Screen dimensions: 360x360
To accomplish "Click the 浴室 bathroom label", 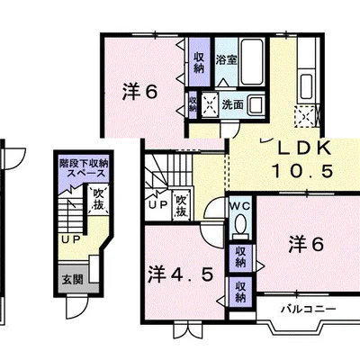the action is [227, 60].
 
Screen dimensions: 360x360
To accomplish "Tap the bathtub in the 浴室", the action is [252, 61].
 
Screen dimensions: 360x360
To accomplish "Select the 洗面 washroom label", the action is [232, 104].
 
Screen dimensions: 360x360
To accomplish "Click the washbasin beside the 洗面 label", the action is [256, 104].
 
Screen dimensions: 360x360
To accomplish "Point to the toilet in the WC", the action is [241, 226].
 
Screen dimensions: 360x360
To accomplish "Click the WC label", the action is [240, 206].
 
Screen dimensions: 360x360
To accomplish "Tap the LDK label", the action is [304, 148].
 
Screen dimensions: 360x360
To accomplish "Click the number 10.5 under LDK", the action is [302, 171].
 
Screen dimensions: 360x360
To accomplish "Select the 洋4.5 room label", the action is [180, 274].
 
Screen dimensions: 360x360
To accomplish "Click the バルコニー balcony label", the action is [309, 309].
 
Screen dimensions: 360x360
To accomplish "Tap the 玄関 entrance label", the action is [72, 280].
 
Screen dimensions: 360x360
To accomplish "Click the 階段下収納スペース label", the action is [84, 168].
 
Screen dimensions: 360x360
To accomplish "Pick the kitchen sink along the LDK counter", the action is [307, 86].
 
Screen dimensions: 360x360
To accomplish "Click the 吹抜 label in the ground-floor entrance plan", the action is [98, 199].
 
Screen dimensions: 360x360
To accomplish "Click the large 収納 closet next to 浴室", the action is [199, 62].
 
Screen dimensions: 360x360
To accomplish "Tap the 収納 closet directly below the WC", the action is [240, 256].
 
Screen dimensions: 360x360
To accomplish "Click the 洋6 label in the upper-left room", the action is [139, 92].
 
